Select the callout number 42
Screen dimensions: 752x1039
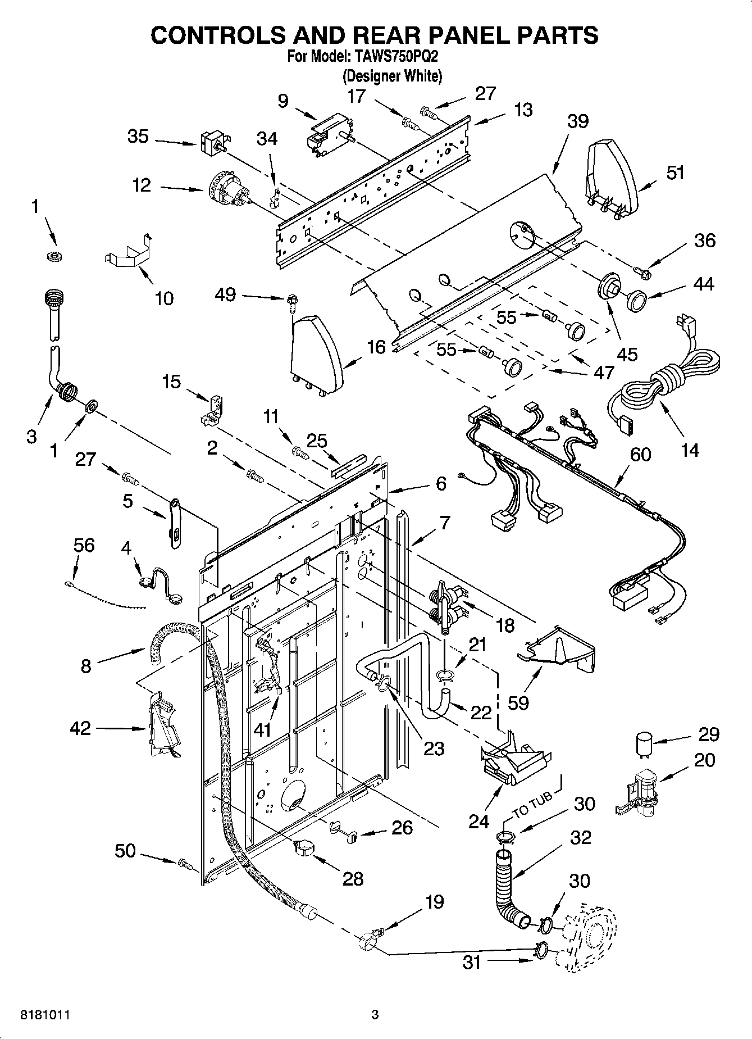(x=80, y=728)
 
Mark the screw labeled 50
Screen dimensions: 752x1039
(x=184, y=863)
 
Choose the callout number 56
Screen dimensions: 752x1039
(x=84, y=545)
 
